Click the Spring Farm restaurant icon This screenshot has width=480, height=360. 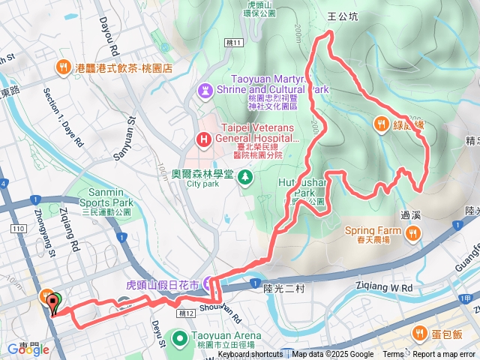(x=411, y=235)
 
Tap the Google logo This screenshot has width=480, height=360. (x=23, y=349)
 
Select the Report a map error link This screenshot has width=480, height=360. (x=445, y=355)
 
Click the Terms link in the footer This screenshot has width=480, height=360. (x=393, y=355)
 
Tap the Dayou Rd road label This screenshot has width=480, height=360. (x=106, y=37)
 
